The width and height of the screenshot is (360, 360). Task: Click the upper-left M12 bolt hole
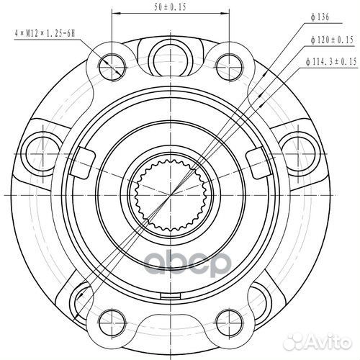click(113, 60)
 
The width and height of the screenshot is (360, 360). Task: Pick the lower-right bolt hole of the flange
click(230, 319)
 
